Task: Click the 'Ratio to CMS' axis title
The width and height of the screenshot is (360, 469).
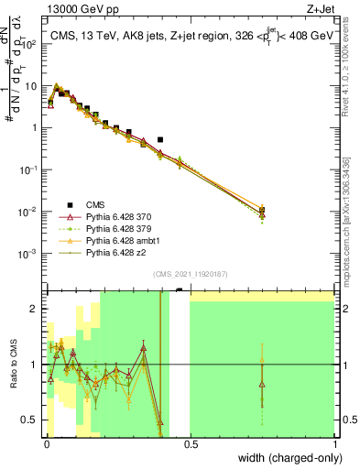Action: (12, 365)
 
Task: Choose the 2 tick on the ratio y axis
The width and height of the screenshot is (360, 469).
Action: (36, 309)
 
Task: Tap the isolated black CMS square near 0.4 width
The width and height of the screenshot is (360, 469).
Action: (160, 140)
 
